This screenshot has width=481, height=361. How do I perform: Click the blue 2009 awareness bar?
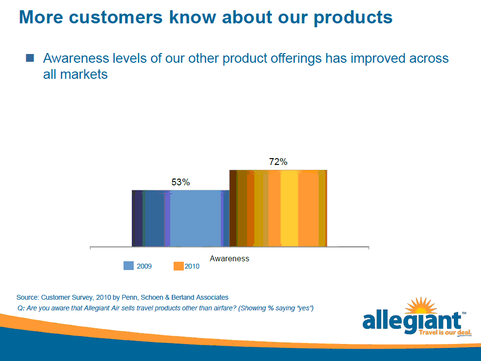(x=181, y=218)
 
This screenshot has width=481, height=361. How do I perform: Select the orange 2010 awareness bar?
(x=278, y=208)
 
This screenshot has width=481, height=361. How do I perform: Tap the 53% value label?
(x=180, y=182)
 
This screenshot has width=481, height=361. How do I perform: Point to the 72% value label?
(x=278, y=162)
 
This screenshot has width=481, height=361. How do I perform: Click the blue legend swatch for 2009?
(x=128, y=266)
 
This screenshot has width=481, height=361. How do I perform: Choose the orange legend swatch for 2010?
(x=178, y=266)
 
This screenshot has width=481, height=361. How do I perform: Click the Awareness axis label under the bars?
(x=230, y=258)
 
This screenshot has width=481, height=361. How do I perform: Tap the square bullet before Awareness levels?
(x=30, y=58)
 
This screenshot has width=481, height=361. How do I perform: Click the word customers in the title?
(x=116, y=17)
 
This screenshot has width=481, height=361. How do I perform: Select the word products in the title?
(x=353, y=18)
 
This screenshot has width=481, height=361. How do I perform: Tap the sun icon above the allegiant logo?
(x=421, y=306)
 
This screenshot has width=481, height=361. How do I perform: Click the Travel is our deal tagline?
(x=445, y=332)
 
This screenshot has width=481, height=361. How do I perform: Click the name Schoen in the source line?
(x=152, y=297)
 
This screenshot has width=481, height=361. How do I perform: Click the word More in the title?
(x=41, y=17)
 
